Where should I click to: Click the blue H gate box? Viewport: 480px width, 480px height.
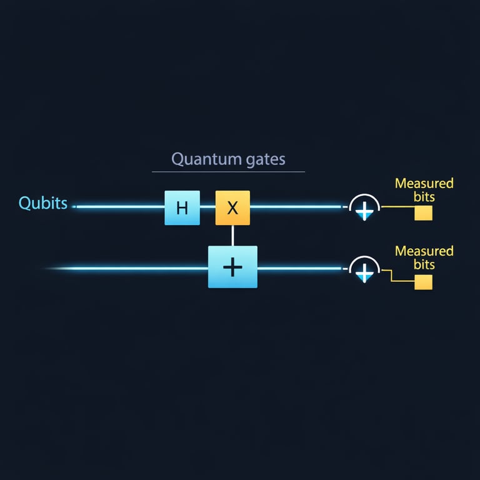pos(182,207)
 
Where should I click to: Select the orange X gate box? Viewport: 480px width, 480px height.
pos(232,207)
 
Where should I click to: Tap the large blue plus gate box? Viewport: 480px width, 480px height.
pos(232,267)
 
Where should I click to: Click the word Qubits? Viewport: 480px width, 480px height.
pos(43,203)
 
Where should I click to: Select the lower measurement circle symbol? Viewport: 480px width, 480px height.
pos(364,269)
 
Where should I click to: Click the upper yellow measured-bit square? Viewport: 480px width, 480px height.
pos(423,212)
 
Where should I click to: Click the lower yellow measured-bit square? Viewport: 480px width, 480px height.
pos(423,282)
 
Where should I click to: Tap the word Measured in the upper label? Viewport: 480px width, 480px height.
pos(424,184)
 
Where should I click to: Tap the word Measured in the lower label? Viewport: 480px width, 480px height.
pos(424,251)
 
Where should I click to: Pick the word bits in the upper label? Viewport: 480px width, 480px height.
pos(425,197)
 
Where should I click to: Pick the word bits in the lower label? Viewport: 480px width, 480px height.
pos(425,264)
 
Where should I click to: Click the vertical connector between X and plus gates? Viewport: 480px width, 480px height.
pos(232,235)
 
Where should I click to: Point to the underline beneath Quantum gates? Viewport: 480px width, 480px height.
pos(228,171)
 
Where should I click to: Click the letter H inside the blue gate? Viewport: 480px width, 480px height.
pos(182,208)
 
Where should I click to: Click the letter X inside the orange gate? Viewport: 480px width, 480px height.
pos(232,208)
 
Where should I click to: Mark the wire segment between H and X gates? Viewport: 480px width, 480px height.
pos(207,206)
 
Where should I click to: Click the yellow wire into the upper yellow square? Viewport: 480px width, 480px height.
pos(397,207)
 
